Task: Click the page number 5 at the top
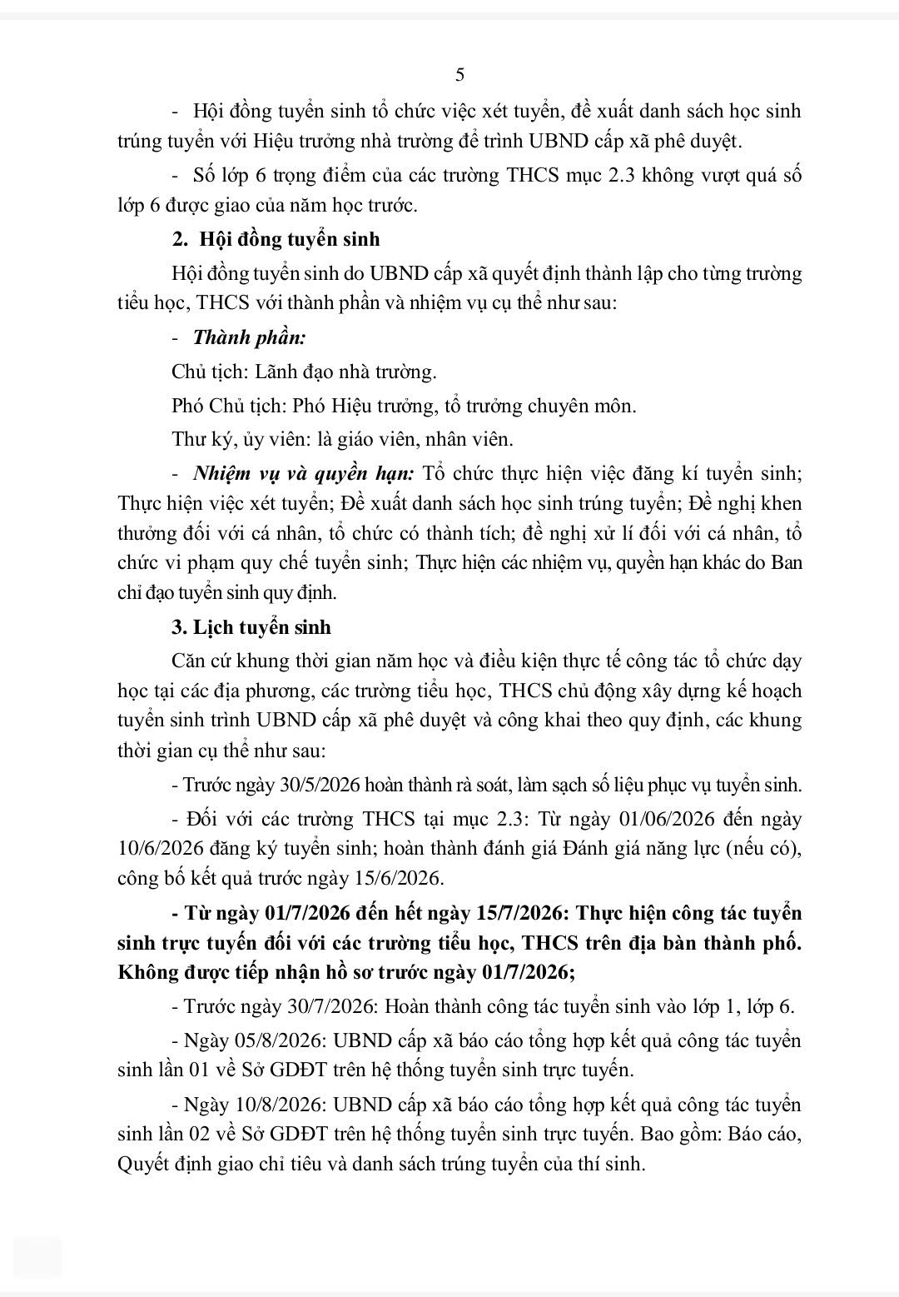coord(459,75)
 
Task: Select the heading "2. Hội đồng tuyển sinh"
coord(276,239)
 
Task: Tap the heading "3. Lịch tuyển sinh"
coord(251,627)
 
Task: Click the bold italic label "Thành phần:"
coord(249,337)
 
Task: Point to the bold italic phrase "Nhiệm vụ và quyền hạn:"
coord(303,474)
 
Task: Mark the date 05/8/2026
coord(283,1041)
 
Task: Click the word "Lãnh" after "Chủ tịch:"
coord(281,372)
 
